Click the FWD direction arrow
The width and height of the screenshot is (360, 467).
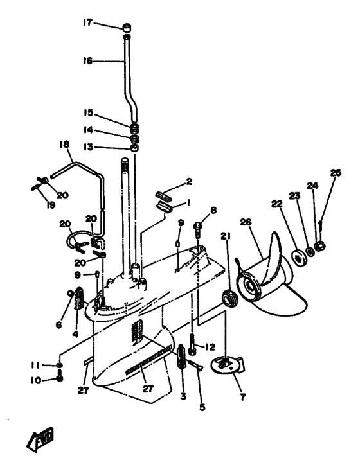tap(40, 439)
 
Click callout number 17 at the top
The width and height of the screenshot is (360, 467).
tap(87, 22)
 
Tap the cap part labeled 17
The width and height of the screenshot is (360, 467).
tap(127, 28)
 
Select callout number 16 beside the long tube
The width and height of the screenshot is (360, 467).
tap(88, 61)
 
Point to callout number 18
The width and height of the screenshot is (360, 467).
tap(64, 145)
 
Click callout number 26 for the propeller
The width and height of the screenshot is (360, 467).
tap(246, 222)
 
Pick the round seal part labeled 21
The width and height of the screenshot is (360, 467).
tap(230, 299)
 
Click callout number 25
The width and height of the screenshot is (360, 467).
tap(336, 173)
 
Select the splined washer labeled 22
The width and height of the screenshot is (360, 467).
tap(298, 257)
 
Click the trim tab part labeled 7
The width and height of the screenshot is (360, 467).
tap(227, 366)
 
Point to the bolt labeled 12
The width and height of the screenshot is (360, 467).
tap(193, 345)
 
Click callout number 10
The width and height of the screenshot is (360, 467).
tap(35, 380)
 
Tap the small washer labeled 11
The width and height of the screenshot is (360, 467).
tap(60, 366)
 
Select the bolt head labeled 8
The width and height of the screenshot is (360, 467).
tap(198, 225)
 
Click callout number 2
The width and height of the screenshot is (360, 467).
tap(189, 181)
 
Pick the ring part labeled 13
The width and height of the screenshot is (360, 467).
tap(135, 148)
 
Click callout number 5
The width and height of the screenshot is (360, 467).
tap(203, 407)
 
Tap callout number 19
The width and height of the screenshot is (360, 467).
tap(51, 205)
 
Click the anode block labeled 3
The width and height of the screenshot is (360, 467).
tap(182, 357)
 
